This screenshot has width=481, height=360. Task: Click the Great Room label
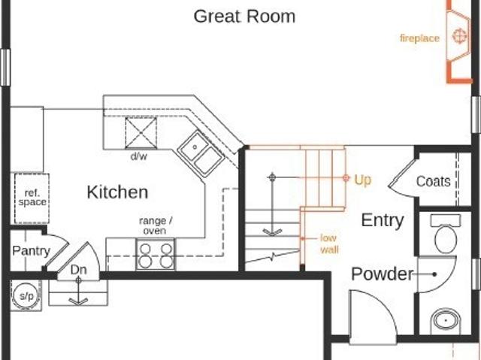click(244, 17)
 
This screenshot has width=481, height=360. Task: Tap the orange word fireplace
click(419, 38)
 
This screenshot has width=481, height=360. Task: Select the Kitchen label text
click(117, 192)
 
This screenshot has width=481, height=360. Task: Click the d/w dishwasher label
click(139, 156)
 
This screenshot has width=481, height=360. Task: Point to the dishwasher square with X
click(141, 133)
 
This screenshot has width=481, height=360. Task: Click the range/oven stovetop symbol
click(156, 254)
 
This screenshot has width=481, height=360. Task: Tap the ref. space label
click(32, 198)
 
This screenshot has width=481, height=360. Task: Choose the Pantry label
click(31, 251)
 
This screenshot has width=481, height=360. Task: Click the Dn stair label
click(78, 270)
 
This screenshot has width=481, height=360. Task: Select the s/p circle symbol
click(26, 296)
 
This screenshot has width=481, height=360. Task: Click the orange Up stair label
click(362, 180)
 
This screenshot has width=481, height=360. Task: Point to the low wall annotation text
click(329, 244)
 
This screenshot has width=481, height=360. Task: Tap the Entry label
click(383, 220)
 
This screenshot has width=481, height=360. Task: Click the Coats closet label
click(434, 181)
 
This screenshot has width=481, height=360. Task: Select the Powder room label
click(383, 274)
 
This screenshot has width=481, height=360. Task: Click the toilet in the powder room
click(446, 234)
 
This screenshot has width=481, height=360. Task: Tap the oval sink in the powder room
click(446, 321)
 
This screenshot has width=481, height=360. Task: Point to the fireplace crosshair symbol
click(459, 36)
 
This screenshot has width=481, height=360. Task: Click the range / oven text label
click(156, 225)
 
